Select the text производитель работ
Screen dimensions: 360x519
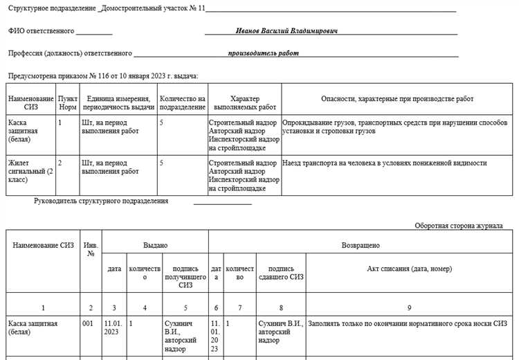264,53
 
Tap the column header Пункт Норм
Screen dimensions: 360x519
67,103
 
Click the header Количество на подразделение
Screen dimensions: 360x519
182,103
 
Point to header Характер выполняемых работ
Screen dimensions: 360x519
244,103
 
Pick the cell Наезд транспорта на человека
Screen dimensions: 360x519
385,163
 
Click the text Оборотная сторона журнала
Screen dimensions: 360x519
459,226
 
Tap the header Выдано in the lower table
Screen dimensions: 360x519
155,245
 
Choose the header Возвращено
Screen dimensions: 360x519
361,245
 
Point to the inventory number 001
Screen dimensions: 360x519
87,323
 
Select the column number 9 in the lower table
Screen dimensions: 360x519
409,307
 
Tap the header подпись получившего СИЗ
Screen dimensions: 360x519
185,277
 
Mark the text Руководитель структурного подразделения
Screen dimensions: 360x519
101,201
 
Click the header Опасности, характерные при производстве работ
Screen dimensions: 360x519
397,99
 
